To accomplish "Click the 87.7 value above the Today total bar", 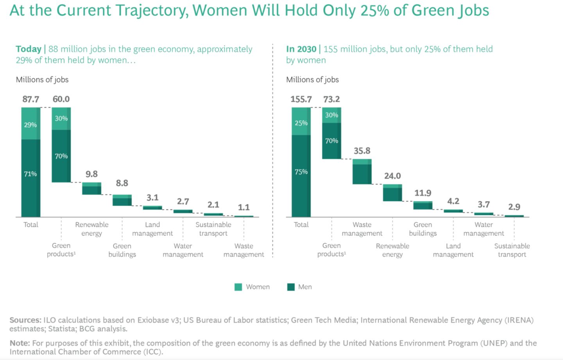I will pos(30,99).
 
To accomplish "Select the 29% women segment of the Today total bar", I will pos(30,124).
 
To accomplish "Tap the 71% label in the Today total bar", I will pos(30,174).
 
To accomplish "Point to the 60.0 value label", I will pos(61,99).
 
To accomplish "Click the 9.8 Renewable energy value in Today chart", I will pos(91,174).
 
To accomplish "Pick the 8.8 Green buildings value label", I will pos(122,183).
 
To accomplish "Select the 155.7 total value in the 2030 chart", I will pos(301,99).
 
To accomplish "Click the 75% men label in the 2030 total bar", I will pos(301,172).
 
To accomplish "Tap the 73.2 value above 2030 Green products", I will pos(332,99).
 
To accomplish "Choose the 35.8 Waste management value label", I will pos(362,151).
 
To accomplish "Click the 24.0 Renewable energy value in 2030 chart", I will pos(393,176).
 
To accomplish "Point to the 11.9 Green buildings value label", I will pos(423,193).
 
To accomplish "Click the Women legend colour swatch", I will pos(238,287).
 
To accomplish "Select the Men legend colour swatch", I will pos(290,287).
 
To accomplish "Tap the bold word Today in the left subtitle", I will pos(29,49).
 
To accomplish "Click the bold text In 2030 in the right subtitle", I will pos(301,49).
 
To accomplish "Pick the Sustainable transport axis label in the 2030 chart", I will pos(512,250).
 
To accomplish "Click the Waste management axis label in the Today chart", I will pos(244,250).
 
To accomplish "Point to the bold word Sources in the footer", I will pos(25,320).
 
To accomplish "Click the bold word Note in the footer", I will pos(19,343).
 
